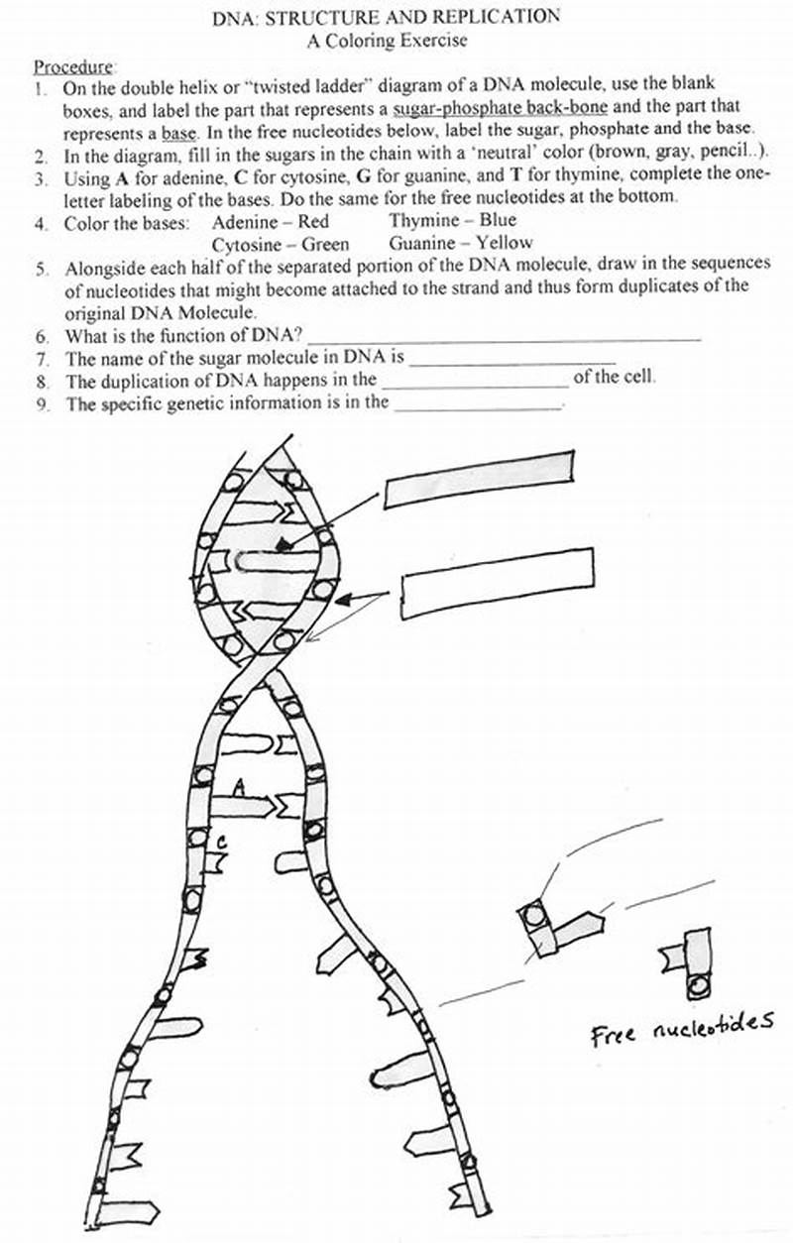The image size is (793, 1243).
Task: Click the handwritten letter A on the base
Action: pyautogui.click(x=238, y=786)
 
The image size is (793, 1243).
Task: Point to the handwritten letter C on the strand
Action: pyautogui.click(x=224, y=842)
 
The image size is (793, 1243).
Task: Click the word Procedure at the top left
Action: pyautogui.click(x=74, y=68)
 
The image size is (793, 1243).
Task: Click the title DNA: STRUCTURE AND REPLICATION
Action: pyautogui.click(x=387, y=18)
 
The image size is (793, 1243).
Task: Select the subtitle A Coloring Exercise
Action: pyautogui.click(x=387, y=42)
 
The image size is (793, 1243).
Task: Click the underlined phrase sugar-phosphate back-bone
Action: pyautogui.click(x=501, y=106)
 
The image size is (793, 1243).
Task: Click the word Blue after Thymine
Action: pyautogui.click(x=498, y=221)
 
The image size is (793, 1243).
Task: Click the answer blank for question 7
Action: pyautogui.click(x=512, y=361)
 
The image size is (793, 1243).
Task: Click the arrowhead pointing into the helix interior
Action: pyautogui.click(x=284, y=543)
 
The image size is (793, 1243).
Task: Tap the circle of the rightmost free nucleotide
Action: pyautogui.click(x=698, y=985)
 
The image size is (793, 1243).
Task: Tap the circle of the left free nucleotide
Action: pyautogui.click(x=535, y=913)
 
